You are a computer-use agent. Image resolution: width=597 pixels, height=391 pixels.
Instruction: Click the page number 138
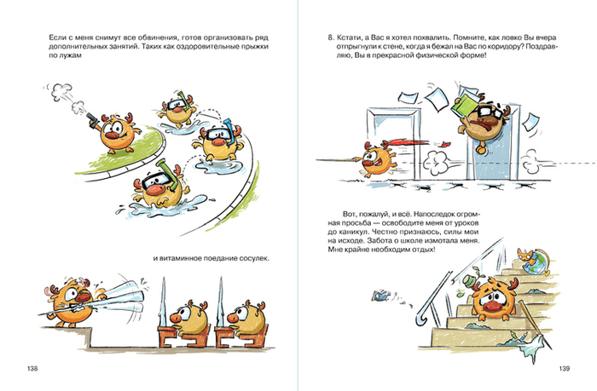[x=32, y=368]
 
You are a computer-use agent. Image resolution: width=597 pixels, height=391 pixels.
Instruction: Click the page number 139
[x=565, y=368]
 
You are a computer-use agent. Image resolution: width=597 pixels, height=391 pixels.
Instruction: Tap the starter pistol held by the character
[x=92, y=119]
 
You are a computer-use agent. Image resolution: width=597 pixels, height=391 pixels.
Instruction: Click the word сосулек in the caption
[x=254, y=258]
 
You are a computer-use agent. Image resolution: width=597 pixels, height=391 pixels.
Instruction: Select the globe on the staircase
[x=536, y=262]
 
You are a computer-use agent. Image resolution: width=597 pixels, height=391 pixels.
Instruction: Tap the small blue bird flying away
[x=380, y=295]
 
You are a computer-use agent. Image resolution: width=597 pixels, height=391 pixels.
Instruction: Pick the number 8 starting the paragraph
[x=331, y=37]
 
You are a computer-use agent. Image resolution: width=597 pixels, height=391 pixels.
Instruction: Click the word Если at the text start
[x=56, y=37]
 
